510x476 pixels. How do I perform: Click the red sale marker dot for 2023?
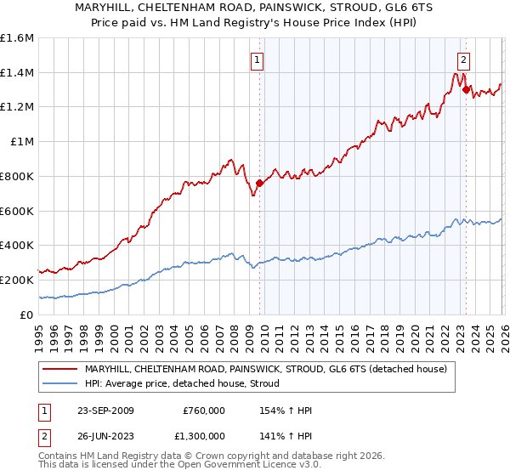[x=466, y=89]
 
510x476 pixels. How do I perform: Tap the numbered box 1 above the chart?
[x=256, y=59]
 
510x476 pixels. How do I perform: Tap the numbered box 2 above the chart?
[x=463, y=59]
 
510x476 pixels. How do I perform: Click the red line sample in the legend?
[x=61, y=369]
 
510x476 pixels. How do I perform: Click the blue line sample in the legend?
[x=61, y=384]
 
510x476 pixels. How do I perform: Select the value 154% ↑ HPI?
[x=286, y=411]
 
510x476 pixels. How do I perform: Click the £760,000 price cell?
[x=204, y=411]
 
